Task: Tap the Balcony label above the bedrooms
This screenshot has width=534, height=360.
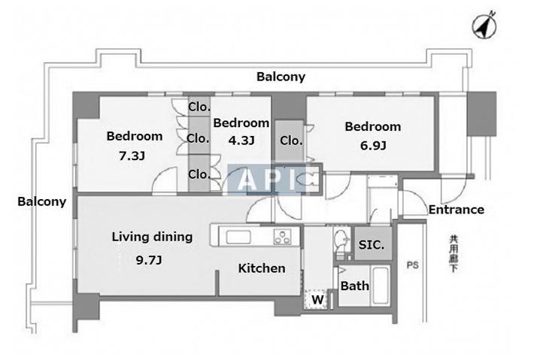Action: pos(281,77)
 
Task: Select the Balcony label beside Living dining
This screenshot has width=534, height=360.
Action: pos(42,201)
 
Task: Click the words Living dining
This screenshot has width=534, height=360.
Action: pos(152,237)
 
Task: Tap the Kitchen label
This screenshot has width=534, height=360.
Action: pos(262,268)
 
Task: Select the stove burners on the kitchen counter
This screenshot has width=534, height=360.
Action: pos(283,237)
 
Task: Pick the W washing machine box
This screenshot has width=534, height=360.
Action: pos(318,299)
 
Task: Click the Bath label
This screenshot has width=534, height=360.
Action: pos(353,286)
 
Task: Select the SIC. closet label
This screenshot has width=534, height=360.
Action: pos(372,245)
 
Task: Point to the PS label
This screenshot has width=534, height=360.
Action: pos(413,265)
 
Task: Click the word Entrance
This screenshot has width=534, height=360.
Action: pos(456,210)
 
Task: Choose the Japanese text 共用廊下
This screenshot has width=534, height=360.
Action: pos(453,253)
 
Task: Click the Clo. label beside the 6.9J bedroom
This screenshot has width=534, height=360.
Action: pos(291,141)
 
